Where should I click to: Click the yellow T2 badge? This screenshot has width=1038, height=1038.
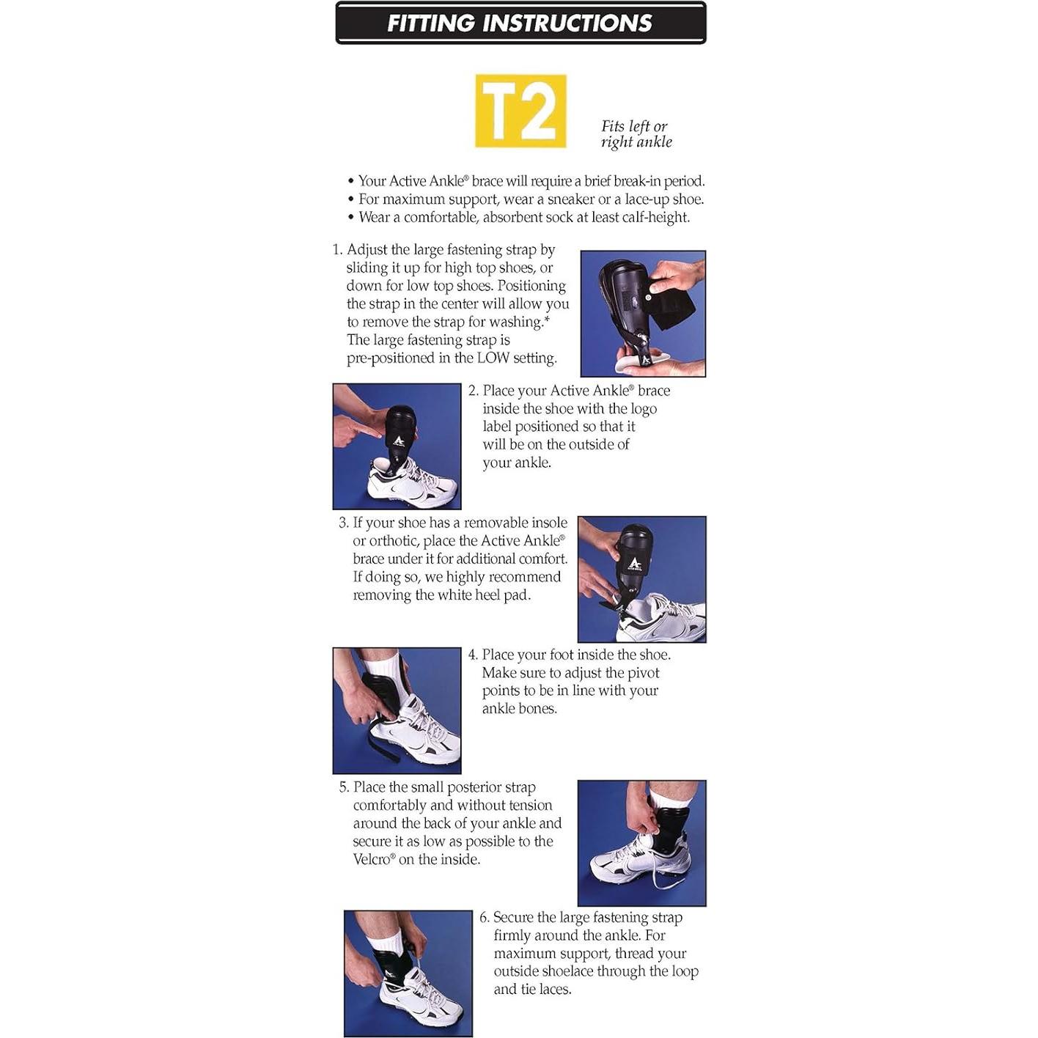tap(520, 111)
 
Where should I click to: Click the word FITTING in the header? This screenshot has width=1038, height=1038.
tap(432, 23)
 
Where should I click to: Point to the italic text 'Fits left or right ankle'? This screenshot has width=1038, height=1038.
tap(636, 134)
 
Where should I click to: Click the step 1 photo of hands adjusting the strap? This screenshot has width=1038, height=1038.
tap(643, 314)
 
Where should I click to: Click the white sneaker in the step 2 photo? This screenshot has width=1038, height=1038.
tap(413, 482)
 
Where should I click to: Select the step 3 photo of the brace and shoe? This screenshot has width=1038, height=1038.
tap(641, 579)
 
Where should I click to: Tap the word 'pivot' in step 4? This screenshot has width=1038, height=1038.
tap(644, 673)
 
